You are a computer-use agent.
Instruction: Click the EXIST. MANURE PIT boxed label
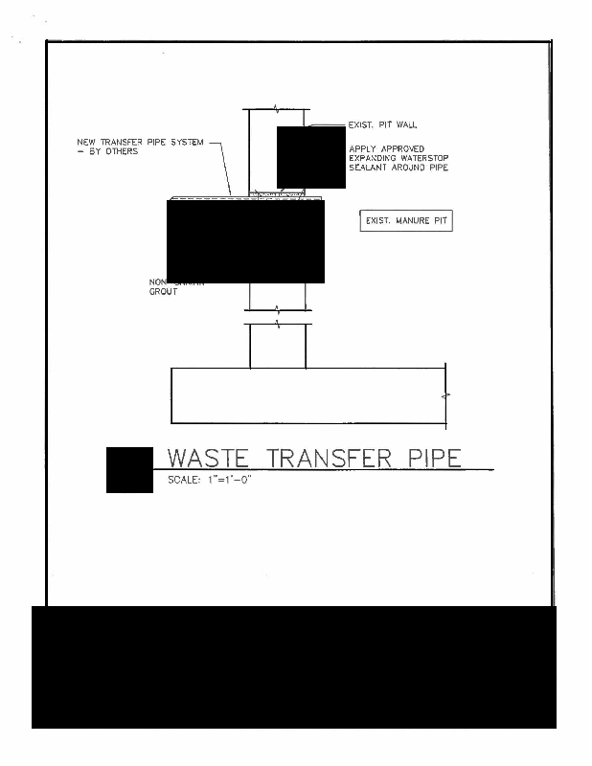coord(405,221)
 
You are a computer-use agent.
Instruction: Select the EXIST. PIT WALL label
coord(382,124)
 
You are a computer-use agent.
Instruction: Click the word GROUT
coord(163,291)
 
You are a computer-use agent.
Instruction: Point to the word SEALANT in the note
coord(368,169)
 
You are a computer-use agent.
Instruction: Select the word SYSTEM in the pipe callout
coord(187,143)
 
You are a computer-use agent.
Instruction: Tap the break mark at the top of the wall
coord(277,108)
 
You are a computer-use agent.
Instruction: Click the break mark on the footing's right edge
coord(445,394)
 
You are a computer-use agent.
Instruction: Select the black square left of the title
coord(129,470)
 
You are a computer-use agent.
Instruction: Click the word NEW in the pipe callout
coord(85,143)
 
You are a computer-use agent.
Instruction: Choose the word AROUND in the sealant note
coord(412,169)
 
